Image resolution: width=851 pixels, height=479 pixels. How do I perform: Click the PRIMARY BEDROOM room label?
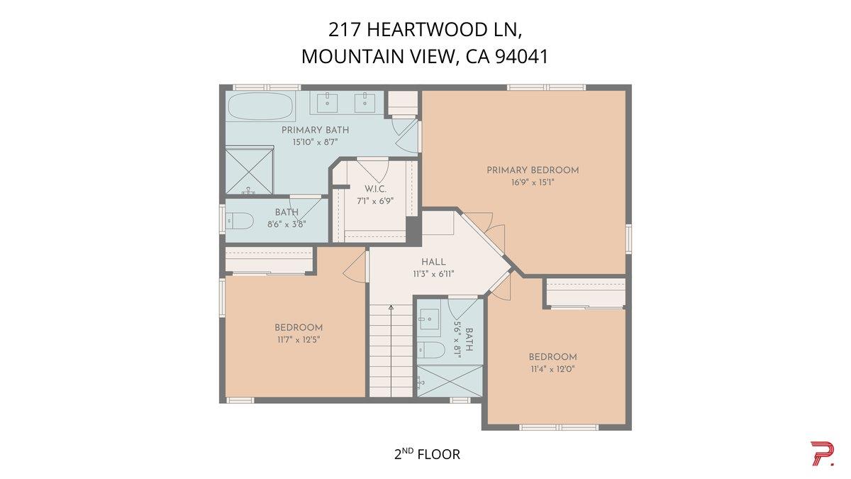pyautogui.click(x=532, y=170)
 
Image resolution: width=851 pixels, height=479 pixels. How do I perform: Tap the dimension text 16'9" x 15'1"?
pyautogui.click(x=532, y=182)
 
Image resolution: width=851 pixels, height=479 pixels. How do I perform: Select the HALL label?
pyautogui.click(x=433, y=262)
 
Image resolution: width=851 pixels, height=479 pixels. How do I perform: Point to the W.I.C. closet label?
pyautogui.click(x=374, y=189)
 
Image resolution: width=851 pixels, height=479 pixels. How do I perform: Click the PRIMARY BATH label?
pyautogui.click(x=315, y=130)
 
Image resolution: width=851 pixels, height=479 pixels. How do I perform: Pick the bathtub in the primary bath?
pyautogui.click(x=260, y=106)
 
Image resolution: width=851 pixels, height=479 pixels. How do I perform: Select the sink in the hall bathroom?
pyautogui.click(x=428, y=319)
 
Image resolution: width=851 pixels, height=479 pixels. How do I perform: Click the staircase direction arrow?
pyautogui.click(x=391, y=307)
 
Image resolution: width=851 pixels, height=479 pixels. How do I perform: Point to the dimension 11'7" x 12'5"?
pyautogui.click(x=299, y=339)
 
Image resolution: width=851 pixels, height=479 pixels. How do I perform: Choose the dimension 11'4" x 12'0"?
pyautogui.click(x=552, y=368)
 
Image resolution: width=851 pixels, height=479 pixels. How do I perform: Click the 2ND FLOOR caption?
pyautogui.click(x=427, y=453)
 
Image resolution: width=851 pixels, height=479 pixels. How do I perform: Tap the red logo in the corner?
pyautogui.click(x=822, y=453)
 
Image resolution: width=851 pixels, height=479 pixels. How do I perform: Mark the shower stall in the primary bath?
pyautogui.click(x=250, y=170)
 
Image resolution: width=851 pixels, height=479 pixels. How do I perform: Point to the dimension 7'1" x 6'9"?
pyautogui.click(x=374, y=201)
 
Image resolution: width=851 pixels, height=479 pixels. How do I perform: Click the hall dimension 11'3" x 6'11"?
pyautogui.click(x=433, y=273)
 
